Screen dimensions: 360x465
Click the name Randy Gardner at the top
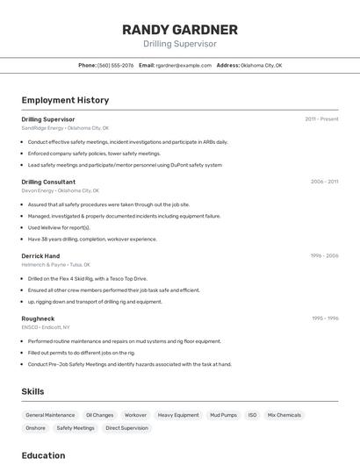pos(179,30)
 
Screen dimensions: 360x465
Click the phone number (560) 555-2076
pos(116,65)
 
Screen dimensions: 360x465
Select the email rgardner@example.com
pos(184,65)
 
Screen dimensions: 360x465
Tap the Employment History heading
pos(65,100)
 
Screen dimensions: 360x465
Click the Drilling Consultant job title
pos(48,182)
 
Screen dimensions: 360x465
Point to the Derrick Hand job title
pos(40,255)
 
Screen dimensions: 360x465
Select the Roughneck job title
pos(38,318)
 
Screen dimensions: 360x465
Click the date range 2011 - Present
pos(321,118)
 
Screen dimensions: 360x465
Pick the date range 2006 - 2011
pos(324,182)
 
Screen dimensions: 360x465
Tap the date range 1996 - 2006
pos(324,255)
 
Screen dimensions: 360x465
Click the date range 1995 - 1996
pos(325,318)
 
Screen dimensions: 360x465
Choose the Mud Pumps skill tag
pos(223,415)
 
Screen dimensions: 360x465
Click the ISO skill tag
pos(252,415)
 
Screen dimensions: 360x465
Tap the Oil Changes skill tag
pos(99,415)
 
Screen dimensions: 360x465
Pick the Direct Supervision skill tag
pos(126,428)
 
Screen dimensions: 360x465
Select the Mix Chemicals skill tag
pos(284,415)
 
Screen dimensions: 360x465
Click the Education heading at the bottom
pos(43,455)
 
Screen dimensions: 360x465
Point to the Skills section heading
pos(32,391)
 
